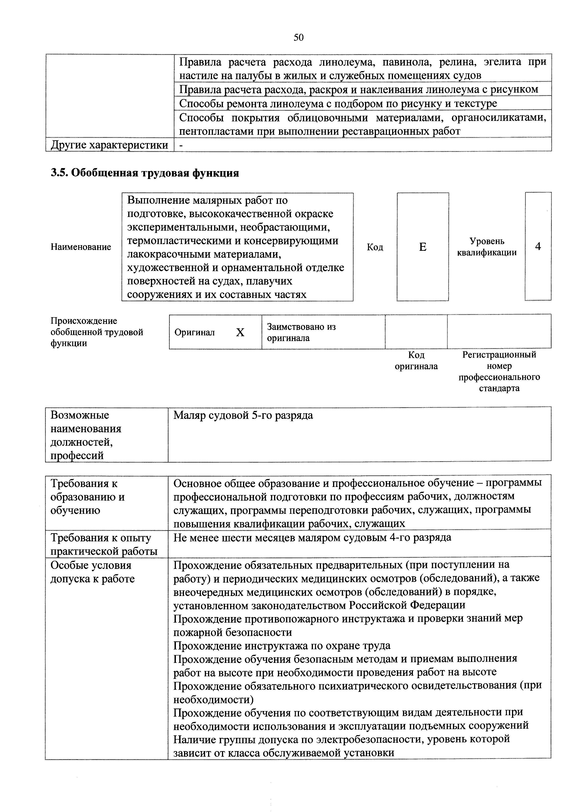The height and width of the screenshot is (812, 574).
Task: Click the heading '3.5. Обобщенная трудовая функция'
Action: (x=145, y=173)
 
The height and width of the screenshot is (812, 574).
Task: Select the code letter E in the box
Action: (x=422, y=247)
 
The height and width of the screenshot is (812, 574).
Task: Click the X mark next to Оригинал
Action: (x=240, y=332)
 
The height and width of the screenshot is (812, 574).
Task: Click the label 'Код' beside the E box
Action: (x=375, y=247)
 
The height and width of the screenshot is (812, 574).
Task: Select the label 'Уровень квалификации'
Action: (x=487, y=247)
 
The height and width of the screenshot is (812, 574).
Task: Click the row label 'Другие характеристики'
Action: (x=109, y=145)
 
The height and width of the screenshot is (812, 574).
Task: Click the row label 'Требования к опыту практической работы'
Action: (x=104, y=545)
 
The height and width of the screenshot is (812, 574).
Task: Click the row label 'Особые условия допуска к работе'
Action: (x=93, y=572)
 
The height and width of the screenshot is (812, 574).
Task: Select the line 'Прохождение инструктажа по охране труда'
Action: (x=282, y=646)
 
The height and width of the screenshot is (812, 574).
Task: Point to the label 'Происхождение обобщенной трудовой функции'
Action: (x=97, y=332)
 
